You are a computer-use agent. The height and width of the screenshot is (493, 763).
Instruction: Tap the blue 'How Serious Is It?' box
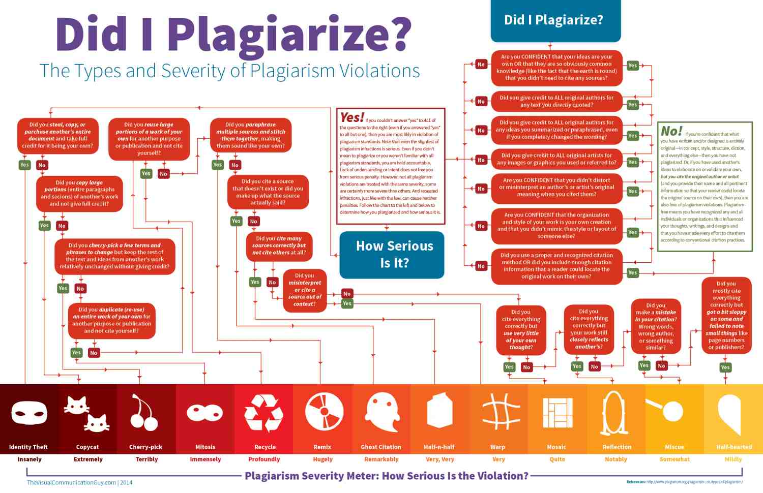pos(392,255)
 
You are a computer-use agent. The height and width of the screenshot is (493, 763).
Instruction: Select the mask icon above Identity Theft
pos(29,412)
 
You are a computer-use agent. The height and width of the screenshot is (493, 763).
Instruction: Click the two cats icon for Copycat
pos(87,413)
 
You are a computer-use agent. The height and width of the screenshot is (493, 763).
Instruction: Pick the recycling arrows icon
pos(264,413)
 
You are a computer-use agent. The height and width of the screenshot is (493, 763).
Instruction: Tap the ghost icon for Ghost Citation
pos(381,412)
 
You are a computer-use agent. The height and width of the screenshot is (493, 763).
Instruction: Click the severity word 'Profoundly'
pos(264,459)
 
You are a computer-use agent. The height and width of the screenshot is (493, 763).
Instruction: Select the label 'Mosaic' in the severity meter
pos(556,447)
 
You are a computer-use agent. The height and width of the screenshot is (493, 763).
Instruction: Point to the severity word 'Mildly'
pos(733,459)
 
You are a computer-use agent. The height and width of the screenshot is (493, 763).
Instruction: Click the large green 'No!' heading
pos(671,131)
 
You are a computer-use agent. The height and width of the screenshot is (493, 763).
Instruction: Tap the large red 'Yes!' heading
pos(352,117)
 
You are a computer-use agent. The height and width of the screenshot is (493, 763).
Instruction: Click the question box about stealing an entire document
pos(57,135)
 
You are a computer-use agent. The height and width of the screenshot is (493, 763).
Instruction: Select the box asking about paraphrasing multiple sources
pos(251,135)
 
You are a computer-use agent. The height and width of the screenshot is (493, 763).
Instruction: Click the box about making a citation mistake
pos(656,326)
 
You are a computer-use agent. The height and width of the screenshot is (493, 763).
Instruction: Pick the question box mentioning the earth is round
pos(556,68)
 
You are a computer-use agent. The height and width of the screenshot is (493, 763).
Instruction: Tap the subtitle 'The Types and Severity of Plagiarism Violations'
pos(230,71)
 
